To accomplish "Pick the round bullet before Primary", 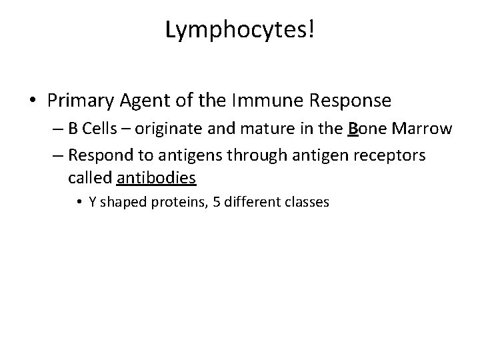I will coord(34,101).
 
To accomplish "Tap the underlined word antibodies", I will coord(156,179).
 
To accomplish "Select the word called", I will coord(90,179).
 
